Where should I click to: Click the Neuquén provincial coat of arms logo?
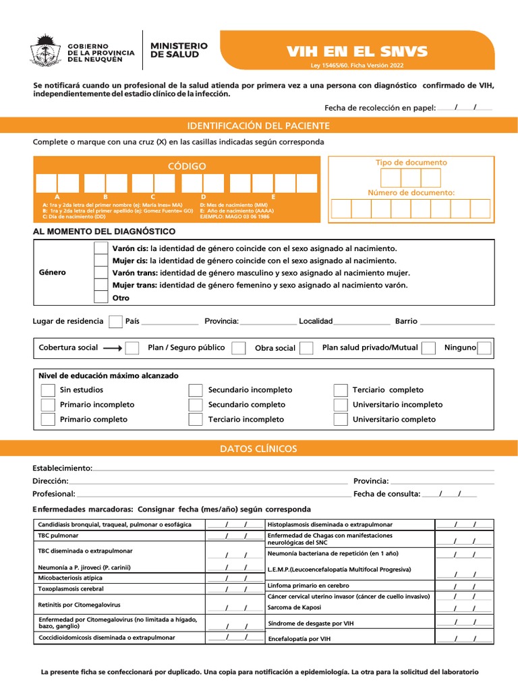(x=45, y=51)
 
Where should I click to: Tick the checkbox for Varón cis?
(x=100, y=248)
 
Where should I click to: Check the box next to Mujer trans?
(x=100, y=285)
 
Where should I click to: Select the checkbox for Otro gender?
(x=100, y=298)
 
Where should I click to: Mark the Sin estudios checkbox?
(x=48, y=390)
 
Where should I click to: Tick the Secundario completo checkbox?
(x=196, y=405)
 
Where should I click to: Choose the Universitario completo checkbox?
(x=341, y=420)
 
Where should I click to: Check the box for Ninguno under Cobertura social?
(x=484, y=348)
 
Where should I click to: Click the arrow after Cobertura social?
(x=113, y=348)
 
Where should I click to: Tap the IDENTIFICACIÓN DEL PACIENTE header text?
(x=258, y=126)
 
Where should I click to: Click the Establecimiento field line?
(x=293, y=468)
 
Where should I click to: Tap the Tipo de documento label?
(x=411, y=163)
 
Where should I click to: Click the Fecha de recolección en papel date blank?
(x=465, y=107)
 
